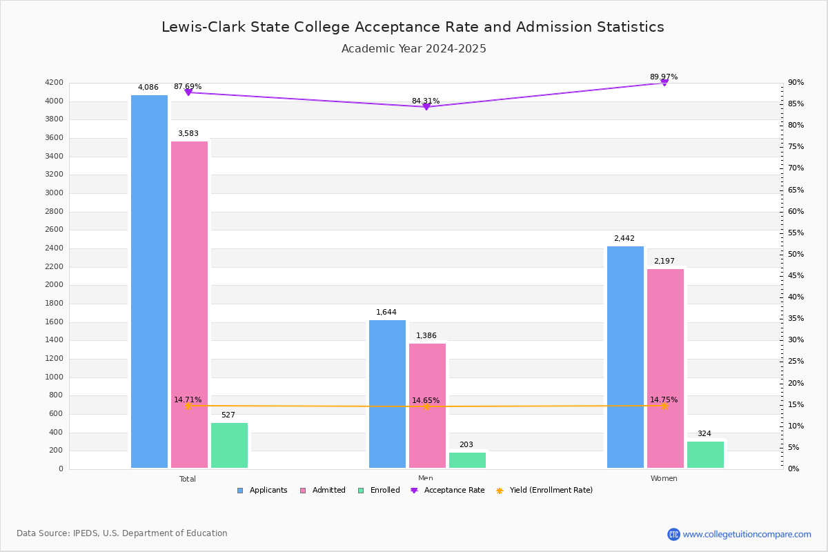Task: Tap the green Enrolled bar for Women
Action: (x=705, y=455)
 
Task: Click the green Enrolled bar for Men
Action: (x=467, y=460)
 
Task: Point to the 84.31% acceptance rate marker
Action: (x=426, y=107)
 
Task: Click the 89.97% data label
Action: (x=664, y=77)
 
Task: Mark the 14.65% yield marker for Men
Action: (x=426, y=406)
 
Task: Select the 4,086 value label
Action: (x=148, y=88)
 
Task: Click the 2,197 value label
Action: (x=664, y=262)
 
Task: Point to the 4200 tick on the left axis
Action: (x=55, y=83)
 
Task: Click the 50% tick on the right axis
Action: (x=796, y=255)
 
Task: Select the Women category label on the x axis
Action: (x=664, y=479)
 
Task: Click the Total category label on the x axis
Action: (x=188, y=479)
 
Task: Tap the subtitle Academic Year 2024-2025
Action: (x=414, y=49)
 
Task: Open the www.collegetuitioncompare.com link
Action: (x=747, y=534)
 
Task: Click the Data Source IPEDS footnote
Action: (x=122, y=533)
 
